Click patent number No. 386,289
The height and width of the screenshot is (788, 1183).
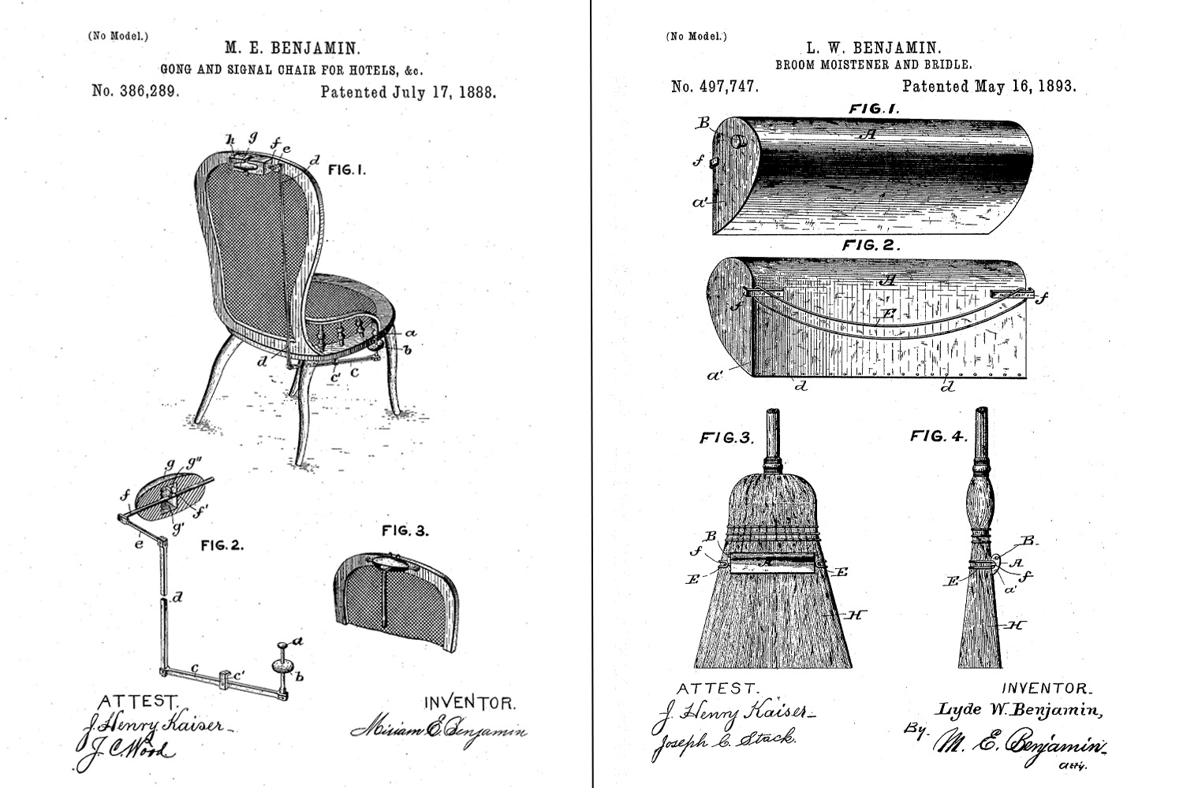[x=136, y=91]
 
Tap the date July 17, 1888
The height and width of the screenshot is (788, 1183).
[x=443, y=91]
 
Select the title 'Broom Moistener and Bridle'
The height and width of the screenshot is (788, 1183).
[x=873, y=65]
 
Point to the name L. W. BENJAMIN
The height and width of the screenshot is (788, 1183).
[x=873, y=48]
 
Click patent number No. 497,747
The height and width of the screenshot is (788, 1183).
[x=715, y=86]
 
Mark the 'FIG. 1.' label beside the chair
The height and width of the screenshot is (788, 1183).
[x=347, y=169]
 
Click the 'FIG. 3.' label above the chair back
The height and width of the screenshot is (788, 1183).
[x=405, y=530]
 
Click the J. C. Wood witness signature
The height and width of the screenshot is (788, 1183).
[x=126, y=750]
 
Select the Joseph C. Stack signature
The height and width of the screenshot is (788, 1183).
[x=723, y=740]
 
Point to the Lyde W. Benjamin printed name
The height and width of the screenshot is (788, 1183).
[x=1019, y=710]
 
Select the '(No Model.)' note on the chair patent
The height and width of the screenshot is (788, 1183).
[x=118, y=35]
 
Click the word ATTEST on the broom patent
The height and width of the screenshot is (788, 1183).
[x=718, y=689]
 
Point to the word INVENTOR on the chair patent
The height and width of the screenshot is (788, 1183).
[x=470, y=702]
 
